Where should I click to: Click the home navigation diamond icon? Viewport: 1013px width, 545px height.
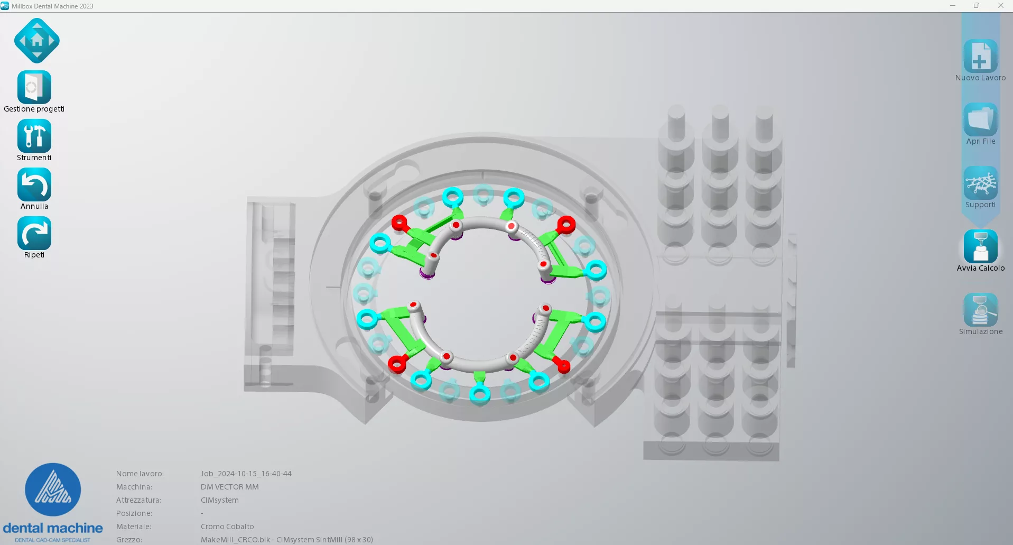coord(37,41)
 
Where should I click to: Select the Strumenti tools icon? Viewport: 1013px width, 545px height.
coord(34,136)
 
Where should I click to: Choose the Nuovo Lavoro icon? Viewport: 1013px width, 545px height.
coord(981,56)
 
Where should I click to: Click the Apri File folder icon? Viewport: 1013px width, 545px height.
coord(981,119)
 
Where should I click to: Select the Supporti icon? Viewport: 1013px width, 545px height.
coord(981,183)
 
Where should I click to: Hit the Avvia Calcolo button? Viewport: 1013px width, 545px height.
coord(981,246)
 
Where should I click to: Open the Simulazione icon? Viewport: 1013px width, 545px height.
coord(981,310)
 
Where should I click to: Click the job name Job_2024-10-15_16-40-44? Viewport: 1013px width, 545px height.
coord(246,474)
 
